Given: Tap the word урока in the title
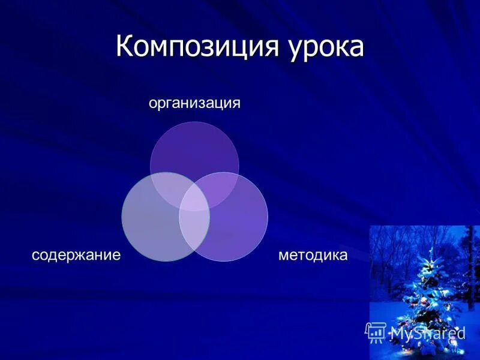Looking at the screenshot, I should pyautogui.click(x=323, y=48).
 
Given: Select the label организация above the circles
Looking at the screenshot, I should pyautogui.click(x=194, y=103).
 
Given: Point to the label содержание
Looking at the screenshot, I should pyautogui.click(x=76, y=255).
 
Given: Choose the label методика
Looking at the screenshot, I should pyautogui.click(x=313, y=255).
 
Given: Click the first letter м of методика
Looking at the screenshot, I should pyautogui.click(x=283, y=256).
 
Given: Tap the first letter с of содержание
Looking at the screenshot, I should pyautogui.click(x=35, y=256).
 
